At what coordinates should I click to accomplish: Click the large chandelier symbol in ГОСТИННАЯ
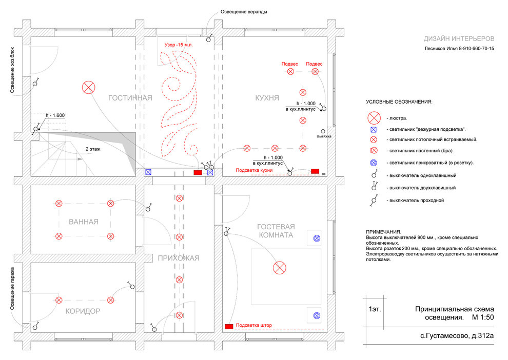pyautogui.click(x=88, y=87)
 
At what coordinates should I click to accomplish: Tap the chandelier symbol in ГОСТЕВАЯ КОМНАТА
pyautogui.click(x=280, y=268)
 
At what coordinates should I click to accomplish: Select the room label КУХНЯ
pyautogui.click(x=267, y=98)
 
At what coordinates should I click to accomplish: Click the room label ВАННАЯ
pyautogui.click(x=84, y=222)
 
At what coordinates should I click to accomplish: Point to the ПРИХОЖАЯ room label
pyautogui.click(x=179, y=258)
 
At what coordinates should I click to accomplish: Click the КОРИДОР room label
pyautogui.click(x=83, y=311)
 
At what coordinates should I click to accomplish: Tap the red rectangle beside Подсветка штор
pyautogui.click(x=229, y=326)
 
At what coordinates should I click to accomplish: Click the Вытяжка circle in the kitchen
pyautogui.click(x=323, y=131)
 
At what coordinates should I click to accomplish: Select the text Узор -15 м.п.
pyautogui.click(x=179, y=45)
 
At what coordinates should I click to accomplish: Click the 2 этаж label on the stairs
pyautogui.click(x=93, y=149)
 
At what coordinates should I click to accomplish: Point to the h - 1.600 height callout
pyautogui.click(x=55, y=115)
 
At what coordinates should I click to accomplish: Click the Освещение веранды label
pyautogui.click(x=244, y=12)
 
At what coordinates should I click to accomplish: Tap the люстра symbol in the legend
pyautogui.click(x=374, y=118)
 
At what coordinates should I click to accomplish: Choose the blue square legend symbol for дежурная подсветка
pyautogui.click(x=374, y=130)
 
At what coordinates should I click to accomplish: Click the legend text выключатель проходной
pyautogui.click(x=417, y=201)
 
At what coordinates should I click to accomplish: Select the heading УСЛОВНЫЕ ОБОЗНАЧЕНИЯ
pyautogui.click(x=399, y=102)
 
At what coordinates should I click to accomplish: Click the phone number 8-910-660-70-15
pyautogui.click(x=476, y=49)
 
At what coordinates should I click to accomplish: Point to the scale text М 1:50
pyautogui.click(x=483, y=317)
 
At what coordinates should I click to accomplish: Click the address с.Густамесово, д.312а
pyautogui.click(x=457, y=336)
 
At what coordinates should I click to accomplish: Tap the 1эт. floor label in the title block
pyautogui.click(x=375, y=309)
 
